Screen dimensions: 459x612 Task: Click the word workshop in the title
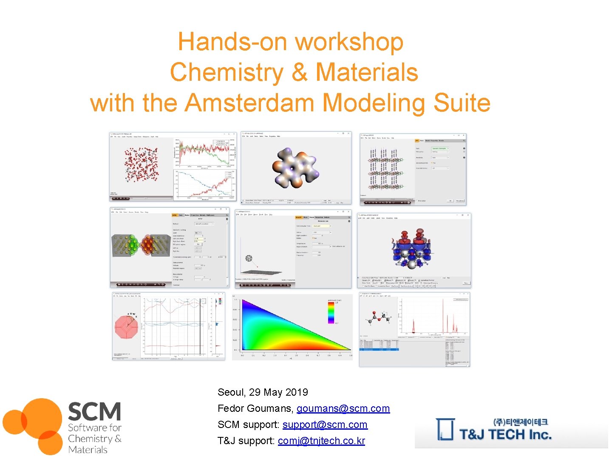[x=349, y=42]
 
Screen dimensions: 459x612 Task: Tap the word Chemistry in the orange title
[x=227, y=72]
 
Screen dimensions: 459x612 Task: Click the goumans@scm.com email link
[x=343, y=408]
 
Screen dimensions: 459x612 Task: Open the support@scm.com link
[x=325, y=425]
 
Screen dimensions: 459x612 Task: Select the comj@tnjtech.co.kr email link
[x=321, y=441]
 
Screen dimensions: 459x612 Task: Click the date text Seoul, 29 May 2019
[x=263, y=392]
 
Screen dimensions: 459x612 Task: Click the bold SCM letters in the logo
[x=94, y=411]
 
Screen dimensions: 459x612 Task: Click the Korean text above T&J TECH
[x=520, y=422]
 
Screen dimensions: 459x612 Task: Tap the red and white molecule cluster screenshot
[x=141, y=164]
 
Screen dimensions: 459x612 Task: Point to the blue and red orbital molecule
[x=411, y=248]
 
